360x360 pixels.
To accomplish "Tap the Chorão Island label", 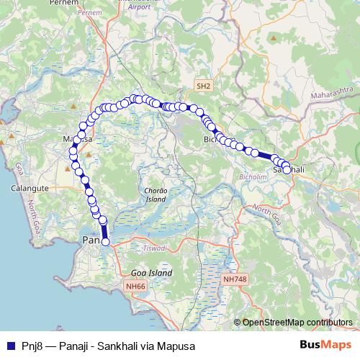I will (x=156, y=194).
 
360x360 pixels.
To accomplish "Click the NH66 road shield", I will (x=135, y=286).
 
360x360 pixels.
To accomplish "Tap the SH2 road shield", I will (x=204, y=86).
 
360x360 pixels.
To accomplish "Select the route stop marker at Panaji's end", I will (x=105, y=242).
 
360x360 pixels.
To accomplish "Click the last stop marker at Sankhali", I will (x=287, y=170).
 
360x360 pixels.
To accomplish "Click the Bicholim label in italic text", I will (x=250, y=175).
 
